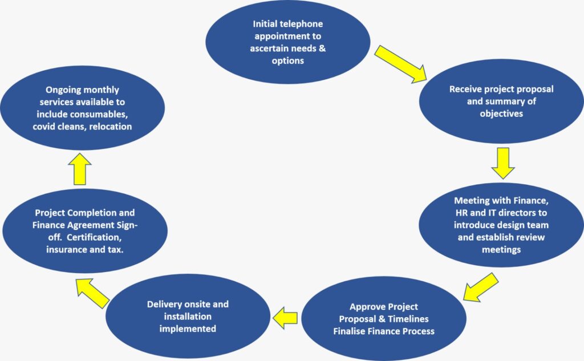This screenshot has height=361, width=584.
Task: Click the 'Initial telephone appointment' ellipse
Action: click(x=288, y=43)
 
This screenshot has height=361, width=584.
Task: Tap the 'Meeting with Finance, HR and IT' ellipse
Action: click(x=501, y=225)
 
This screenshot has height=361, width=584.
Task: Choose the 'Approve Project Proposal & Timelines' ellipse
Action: click(x=383, y=319)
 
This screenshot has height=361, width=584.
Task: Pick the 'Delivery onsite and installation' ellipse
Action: click(x=188, y=317)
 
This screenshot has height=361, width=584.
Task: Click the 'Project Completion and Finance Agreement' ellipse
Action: click(x=86, y=230)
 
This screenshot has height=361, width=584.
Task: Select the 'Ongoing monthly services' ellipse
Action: click(x=82, y=108)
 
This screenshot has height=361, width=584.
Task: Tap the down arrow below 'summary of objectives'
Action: click(x=502, y=163)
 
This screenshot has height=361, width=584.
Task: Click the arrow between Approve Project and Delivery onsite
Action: click(x=285, y=317)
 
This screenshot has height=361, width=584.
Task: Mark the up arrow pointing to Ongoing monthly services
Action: click(x=80, y=170)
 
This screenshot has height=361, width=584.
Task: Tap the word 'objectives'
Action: click(x=501, y=113)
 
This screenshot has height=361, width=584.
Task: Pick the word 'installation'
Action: click(x=188, y=317)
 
